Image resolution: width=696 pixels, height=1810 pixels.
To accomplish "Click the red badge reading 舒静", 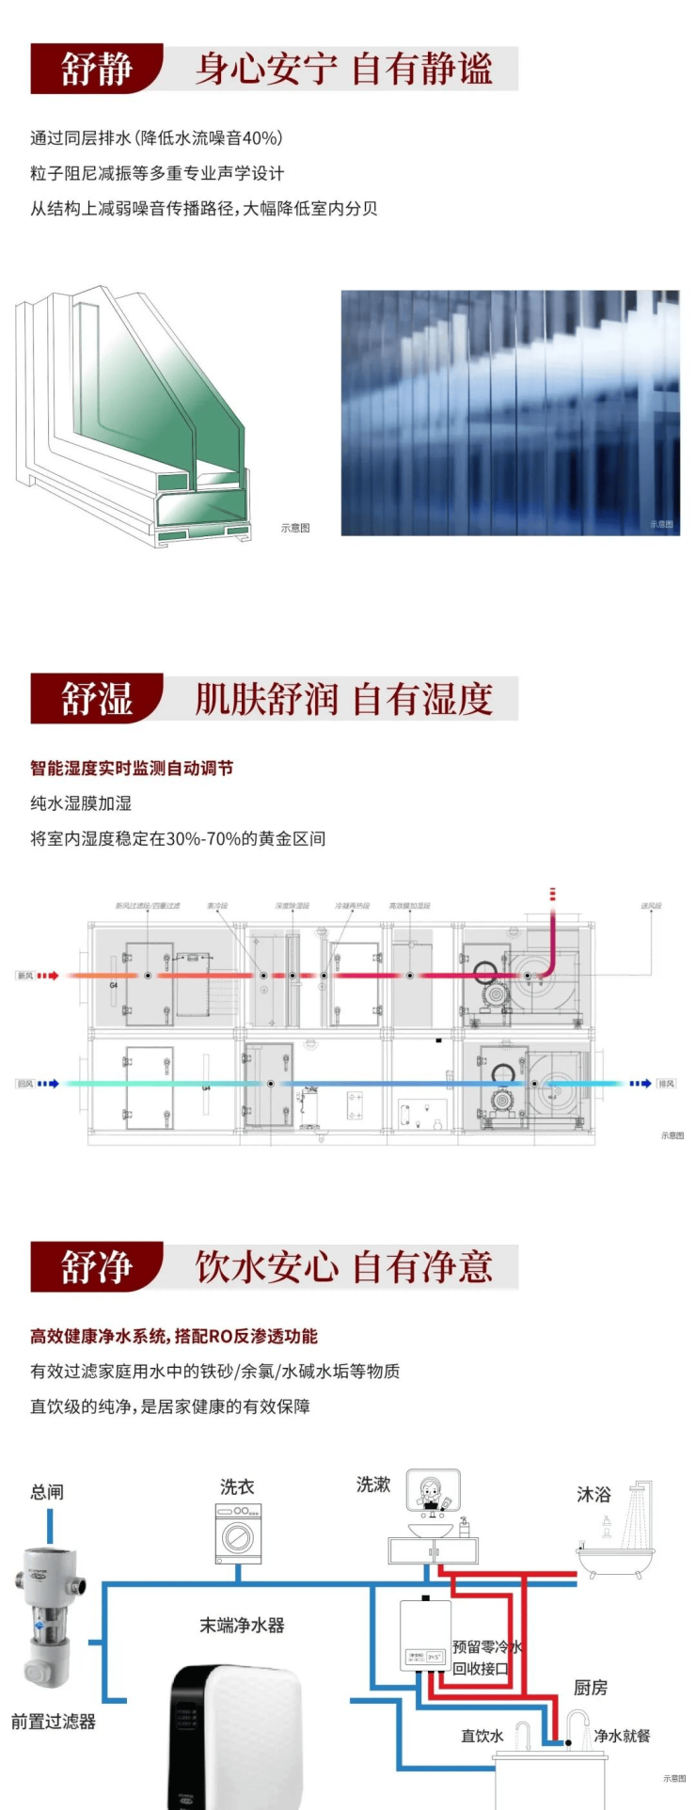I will [x=96, y=69].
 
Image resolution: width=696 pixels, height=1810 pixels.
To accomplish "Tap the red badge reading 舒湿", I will [x=96, y=699].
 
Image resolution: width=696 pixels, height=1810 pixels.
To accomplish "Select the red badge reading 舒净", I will [x=96, y=1266].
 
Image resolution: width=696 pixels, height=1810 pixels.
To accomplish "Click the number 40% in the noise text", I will [x=261, y=138].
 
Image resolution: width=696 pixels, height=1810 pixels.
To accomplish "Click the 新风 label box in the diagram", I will [x=25, y=976].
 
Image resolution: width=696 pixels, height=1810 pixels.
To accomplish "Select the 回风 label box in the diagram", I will [x=25, y=1084].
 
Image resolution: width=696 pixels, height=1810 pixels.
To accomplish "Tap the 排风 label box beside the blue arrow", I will [x=667, y=1084].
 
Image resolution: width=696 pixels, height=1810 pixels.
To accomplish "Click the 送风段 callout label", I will [x=651, y=906].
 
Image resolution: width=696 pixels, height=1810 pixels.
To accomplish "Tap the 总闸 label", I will [x=47, y=1492].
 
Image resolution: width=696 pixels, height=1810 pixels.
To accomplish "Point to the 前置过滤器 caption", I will [x=54, y=1722].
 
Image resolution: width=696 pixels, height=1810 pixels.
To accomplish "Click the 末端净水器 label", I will [x=242, y=1626].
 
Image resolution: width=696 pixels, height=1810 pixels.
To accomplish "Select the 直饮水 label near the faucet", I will [x=482, y=1736].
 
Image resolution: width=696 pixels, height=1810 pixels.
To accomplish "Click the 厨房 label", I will [x=591, y=1688].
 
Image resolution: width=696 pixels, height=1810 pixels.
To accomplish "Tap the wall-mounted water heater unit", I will [x=424, y=1635].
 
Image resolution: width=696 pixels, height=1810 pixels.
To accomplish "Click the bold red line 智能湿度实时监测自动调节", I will [x=132, y=769].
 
